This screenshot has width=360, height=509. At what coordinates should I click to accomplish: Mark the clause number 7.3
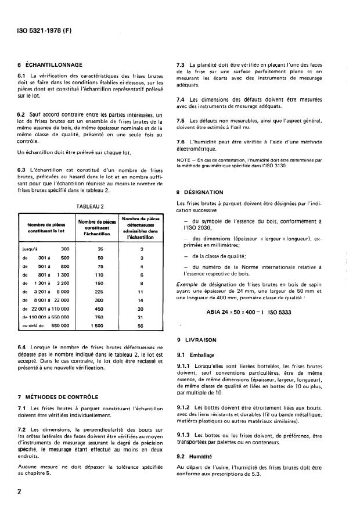point(181,64)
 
